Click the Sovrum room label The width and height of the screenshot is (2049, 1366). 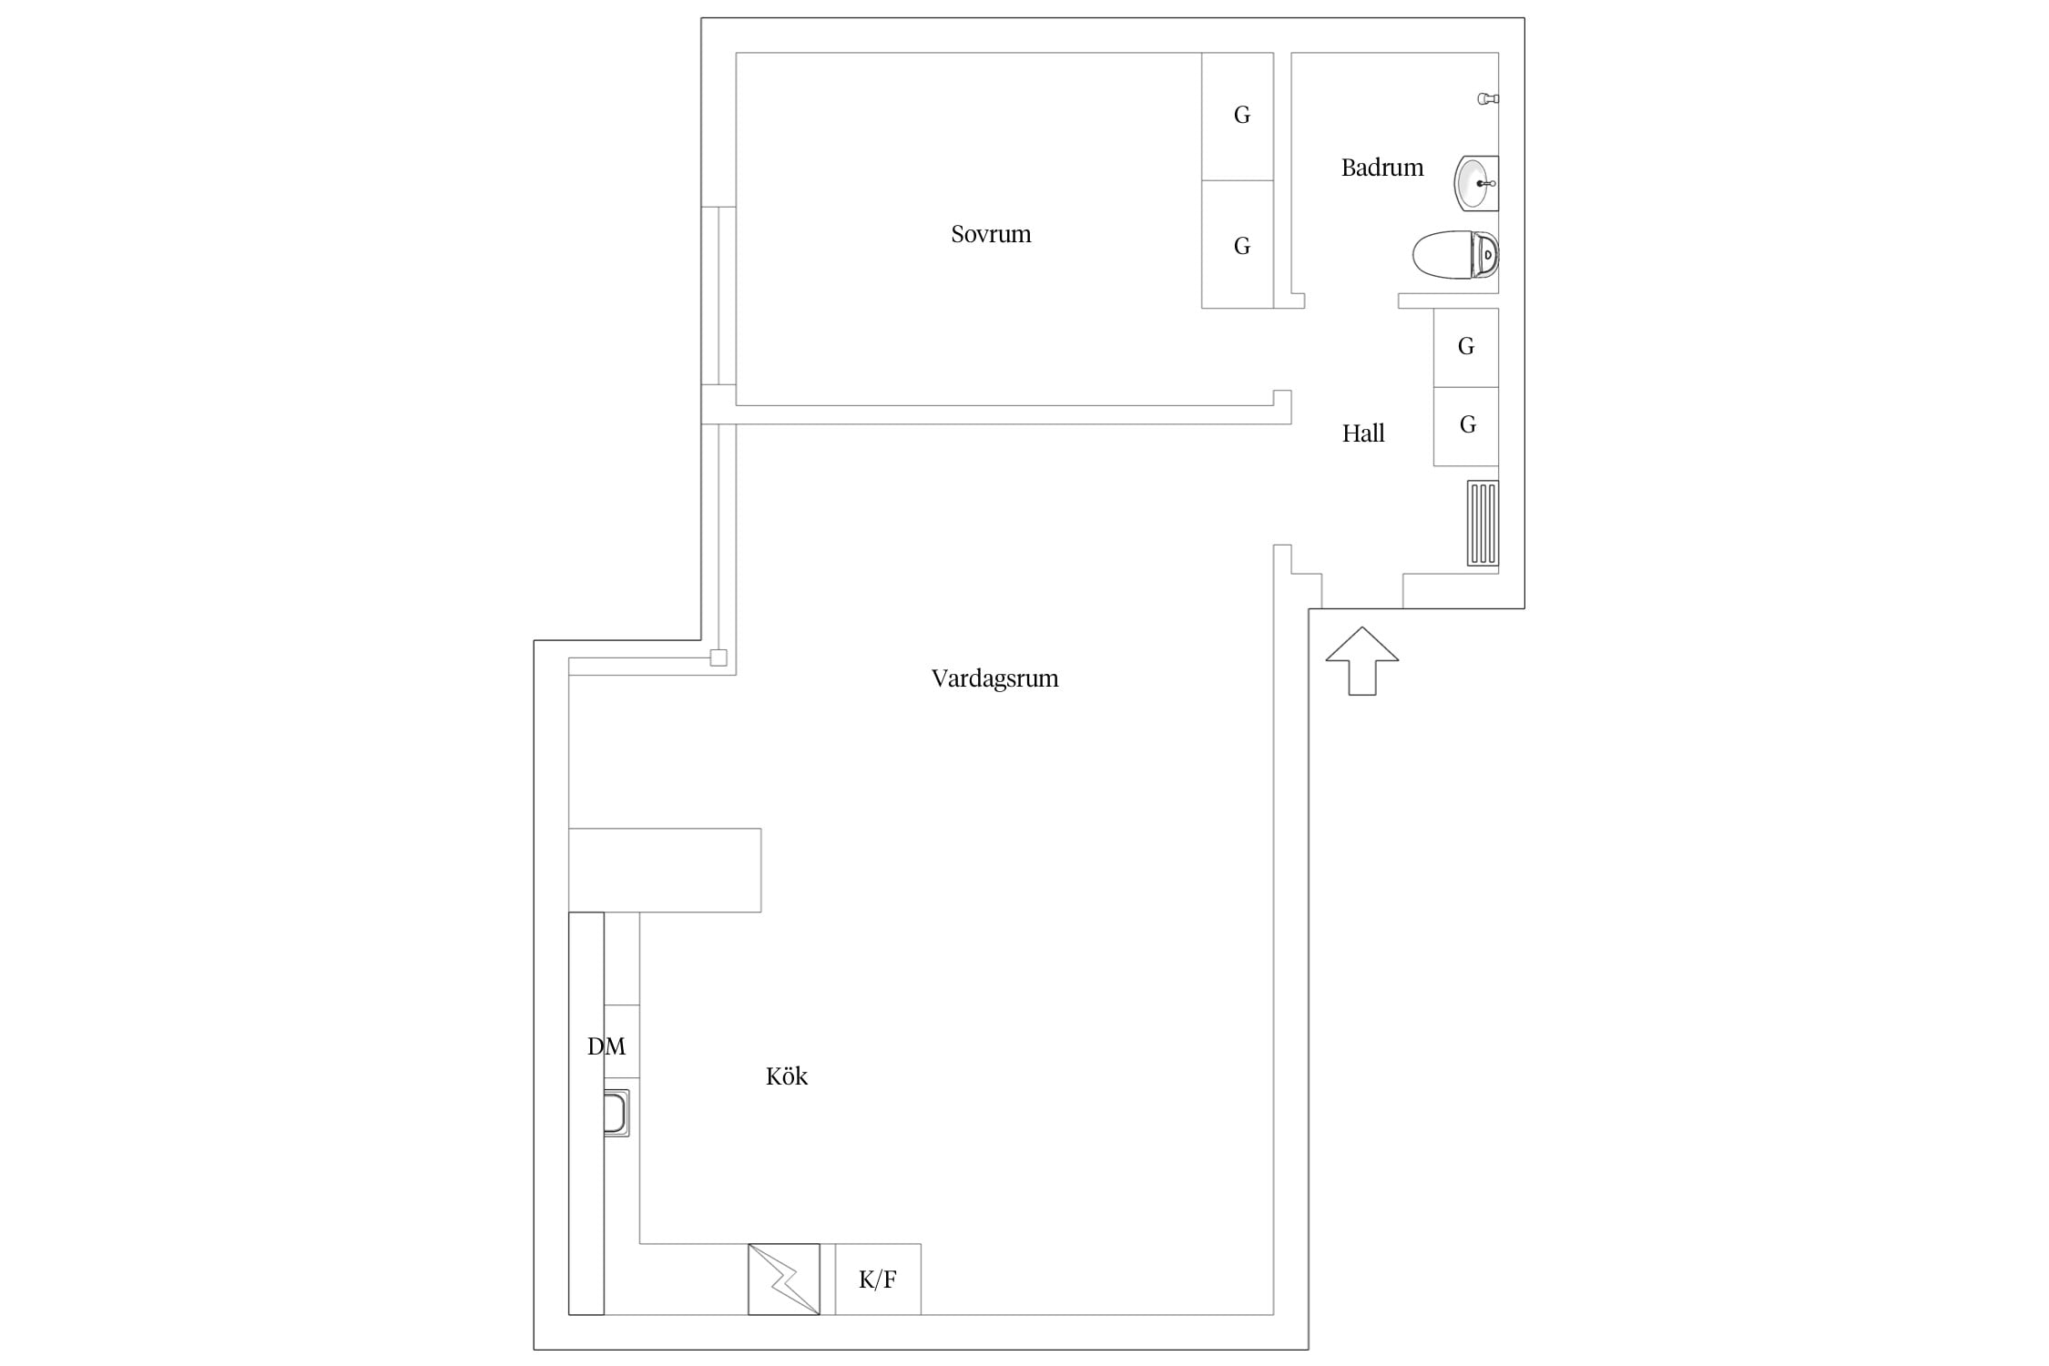click(x=991, y=234)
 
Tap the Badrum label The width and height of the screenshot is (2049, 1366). click(x=1381, y=168)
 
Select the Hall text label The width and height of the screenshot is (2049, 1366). click(x=1362, y=433)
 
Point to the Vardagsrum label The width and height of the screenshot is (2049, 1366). click(x=994, y=678)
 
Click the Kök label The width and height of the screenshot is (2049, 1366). click(x=787, y=1076)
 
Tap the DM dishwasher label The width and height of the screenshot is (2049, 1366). click(x=607, y=1046)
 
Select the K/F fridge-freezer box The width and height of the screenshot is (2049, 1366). click(x=878, y=1279)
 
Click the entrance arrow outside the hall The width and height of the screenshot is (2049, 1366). click(x=1361, y=661)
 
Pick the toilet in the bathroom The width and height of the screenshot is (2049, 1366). click(x=1455, y=255)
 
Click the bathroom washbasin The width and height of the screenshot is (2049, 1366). click(x=1475, y=183)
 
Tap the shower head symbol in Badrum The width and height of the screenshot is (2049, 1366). click(x=1488, y=98)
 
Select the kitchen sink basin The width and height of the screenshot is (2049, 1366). click(x=617, y=1113)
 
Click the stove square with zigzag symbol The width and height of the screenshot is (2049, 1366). click(x=784, y=1279)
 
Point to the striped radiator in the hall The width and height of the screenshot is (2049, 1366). click(x=1483, y=524)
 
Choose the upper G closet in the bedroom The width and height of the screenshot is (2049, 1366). click(x=1238, y=117)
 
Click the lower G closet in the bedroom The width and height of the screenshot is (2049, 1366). click(x=1238, y=244)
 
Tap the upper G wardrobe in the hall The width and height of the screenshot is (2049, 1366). click(x=1466, y=348)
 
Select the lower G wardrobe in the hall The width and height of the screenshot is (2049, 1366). click(x=1466, y=426)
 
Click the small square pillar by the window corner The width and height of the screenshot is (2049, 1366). click(x=719, y=658)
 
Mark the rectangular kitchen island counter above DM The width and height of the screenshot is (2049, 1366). click(x=665, y=871)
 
